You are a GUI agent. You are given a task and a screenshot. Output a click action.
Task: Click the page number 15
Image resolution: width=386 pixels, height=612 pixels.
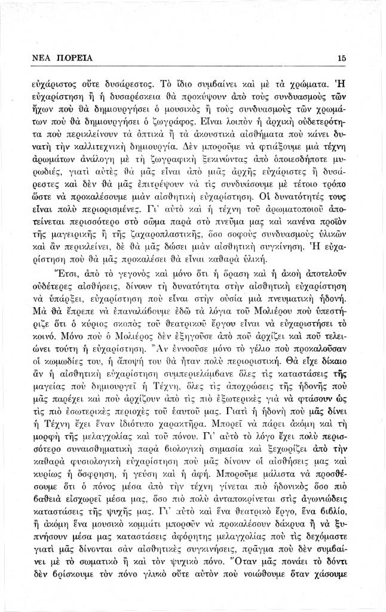342,58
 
